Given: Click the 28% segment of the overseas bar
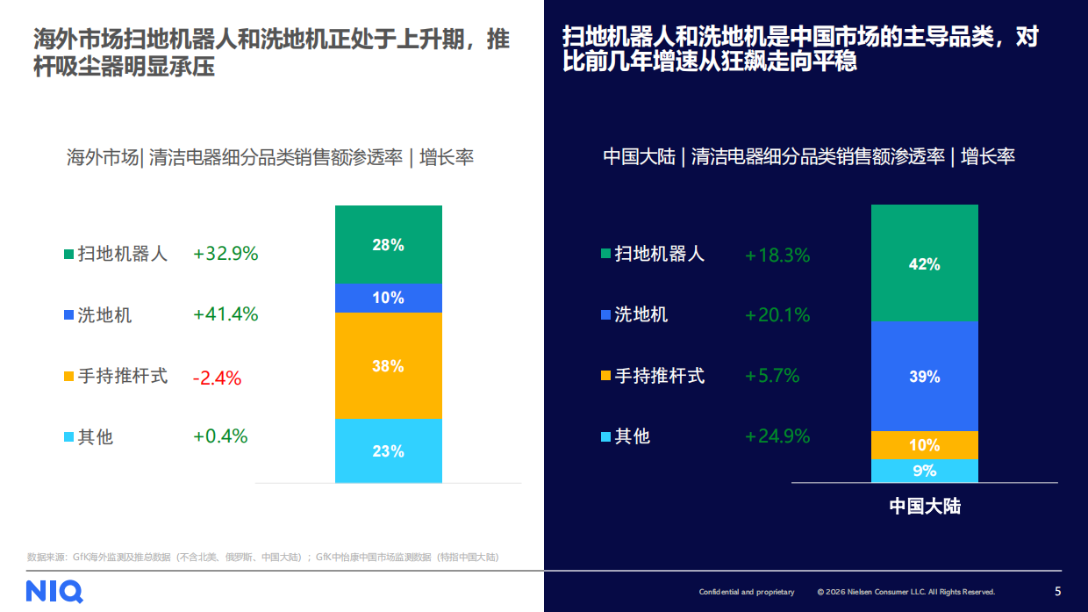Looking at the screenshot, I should pyautogui.click(x=388, y=245).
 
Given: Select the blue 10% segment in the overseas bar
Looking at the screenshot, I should pyautogui.click(x=388, y=299).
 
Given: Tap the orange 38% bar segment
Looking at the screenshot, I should pyautogui.click(x=388, y=366).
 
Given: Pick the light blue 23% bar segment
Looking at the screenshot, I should pyautogui.click(x=388, y=451).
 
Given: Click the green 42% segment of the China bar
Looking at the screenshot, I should pyautogui.click(x=924, y=263).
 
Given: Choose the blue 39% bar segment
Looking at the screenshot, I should pyautogui.click(x=924, y=377).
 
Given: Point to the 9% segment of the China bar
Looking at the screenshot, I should pyautogui.click(x=924, y=471).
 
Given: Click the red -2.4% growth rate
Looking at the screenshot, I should pyautogui.click(x=217, y=378).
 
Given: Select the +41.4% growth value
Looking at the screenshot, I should pyautogui.click(x=225, y=314).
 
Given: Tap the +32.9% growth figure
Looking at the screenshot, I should pyautogui.click(x=225, y=254).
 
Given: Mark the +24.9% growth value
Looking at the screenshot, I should pyautogui.click(x=777, y=436).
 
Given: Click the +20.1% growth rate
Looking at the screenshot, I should pyautogui.click(x=777, y=315).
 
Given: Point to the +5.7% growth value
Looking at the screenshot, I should pyautogui.click(x=772, y=376).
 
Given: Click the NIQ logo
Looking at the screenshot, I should pyautogui.click(x=54, y=591).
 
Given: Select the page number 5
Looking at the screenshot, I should pyautogui.click(x=1057, y=591).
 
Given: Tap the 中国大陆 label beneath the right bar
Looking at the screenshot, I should pyautogui.click(x=924, y=507).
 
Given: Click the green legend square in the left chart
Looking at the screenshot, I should pyautogui.click(x=68, y=255).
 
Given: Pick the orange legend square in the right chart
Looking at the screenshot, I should pyautogui.click(x=605, y=376).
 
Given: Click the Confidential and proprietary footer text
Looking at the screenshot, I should pyautogui.click(x=746, y=592).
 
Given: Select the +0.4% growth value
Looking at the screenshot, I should pyautogui.click(x=220, y=436).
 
